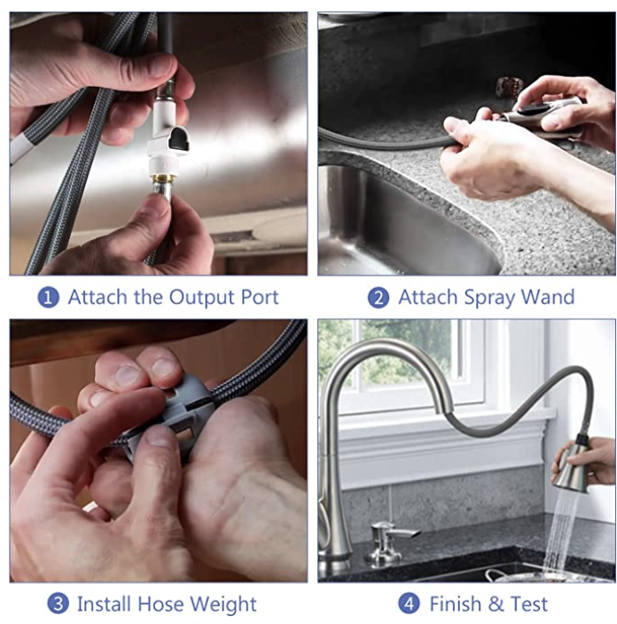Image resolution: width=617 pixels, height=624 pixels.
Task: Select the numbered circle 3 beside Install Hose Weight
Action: point(58,604)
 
